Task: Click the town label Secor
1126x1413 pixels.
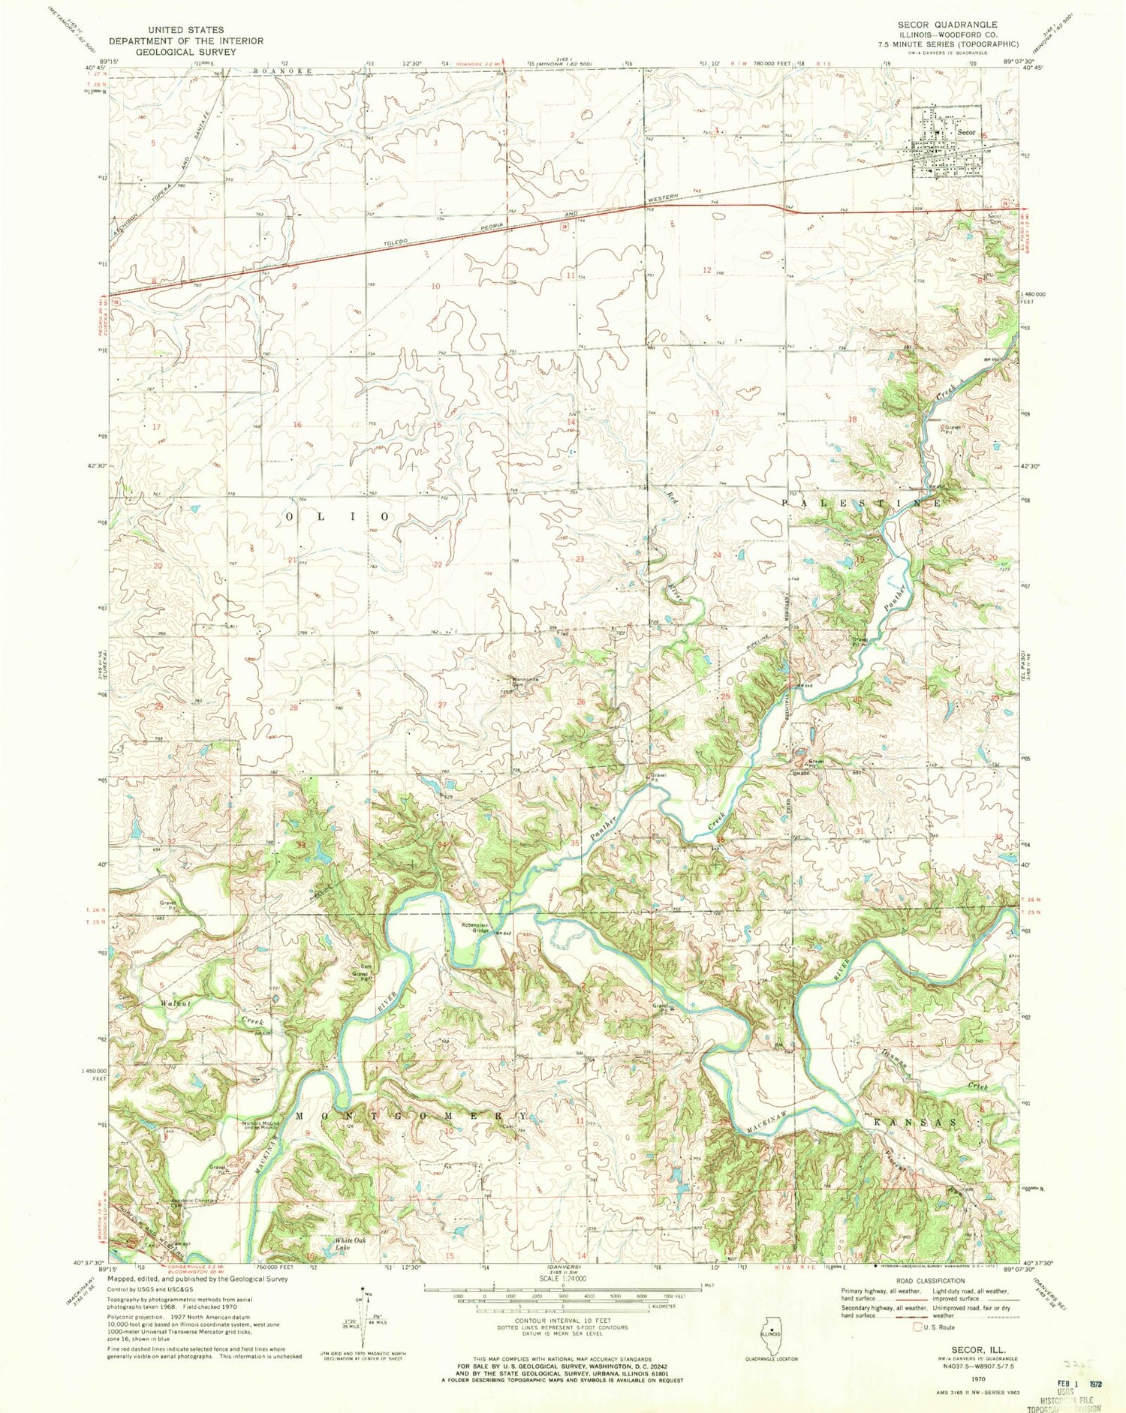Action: click(967, 132)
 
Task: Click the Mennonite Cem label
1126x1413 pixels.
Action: click(522, 684)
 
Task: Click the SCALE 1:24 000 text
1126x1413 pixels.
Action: click(562, 1279)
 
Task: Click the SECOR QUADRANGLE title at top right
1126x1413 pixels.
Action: click(947, 25)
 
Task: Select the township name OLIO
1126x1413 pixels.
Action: click(337, 517)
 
